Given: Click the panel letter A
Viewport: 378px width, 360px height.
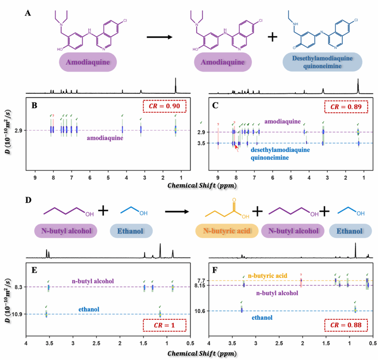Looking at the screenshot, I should [28, 13].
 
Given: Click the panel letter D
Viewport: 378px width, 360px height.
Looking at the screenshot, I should [28, 199].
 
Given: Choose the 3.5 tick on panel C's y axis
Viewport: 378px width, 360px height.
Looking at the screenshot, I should [202, 143].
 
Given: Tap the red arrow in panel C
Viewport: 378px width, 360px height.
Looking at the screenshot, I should [236, 147].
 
